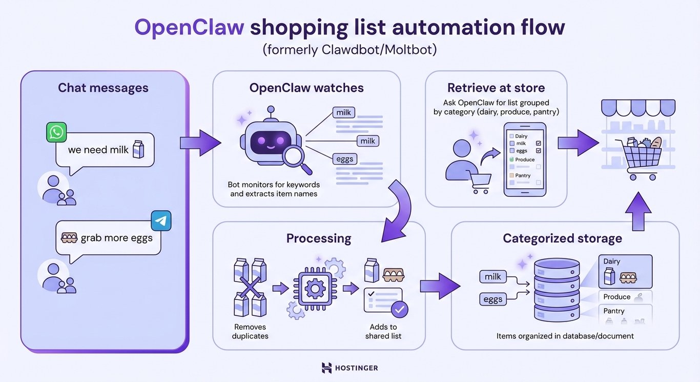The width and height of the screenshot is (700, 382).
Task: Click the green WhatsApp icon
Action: coord(56,132)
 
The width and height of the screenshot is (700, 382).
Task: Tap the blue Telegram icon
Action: coord(161,221)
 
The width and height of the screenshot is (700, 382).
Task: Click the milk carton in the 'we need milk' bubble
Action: coord(138,150)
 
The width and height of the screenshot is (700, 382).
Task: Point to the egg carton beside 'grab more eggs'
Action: coord(69,238)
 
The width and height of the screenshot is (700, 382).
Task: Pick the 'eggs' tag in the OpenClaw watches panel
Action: coord(344,159)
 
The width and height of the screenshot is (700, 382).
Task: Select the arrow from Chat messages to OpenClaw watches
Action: coord(200,143)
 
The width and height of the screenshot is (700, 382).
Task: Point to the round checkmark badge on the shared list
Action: coord(399,309)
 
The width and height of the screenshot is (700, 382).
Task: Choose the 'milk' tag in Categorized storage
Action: coord(492,277)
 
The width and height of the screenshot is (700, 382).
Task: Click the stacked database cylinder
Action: coord(557,289)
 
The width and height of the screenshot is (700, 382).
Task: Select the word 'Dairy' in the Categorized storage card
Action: coord(612,262)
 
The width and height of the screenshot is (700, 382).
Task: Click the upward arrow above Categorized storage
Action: coord(638,210)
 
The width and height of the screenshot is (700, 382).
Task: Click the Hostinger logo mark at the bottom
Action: coord(326,368)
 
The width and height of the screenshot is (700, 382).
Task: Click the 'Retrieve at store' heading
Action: coord(496,88)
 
